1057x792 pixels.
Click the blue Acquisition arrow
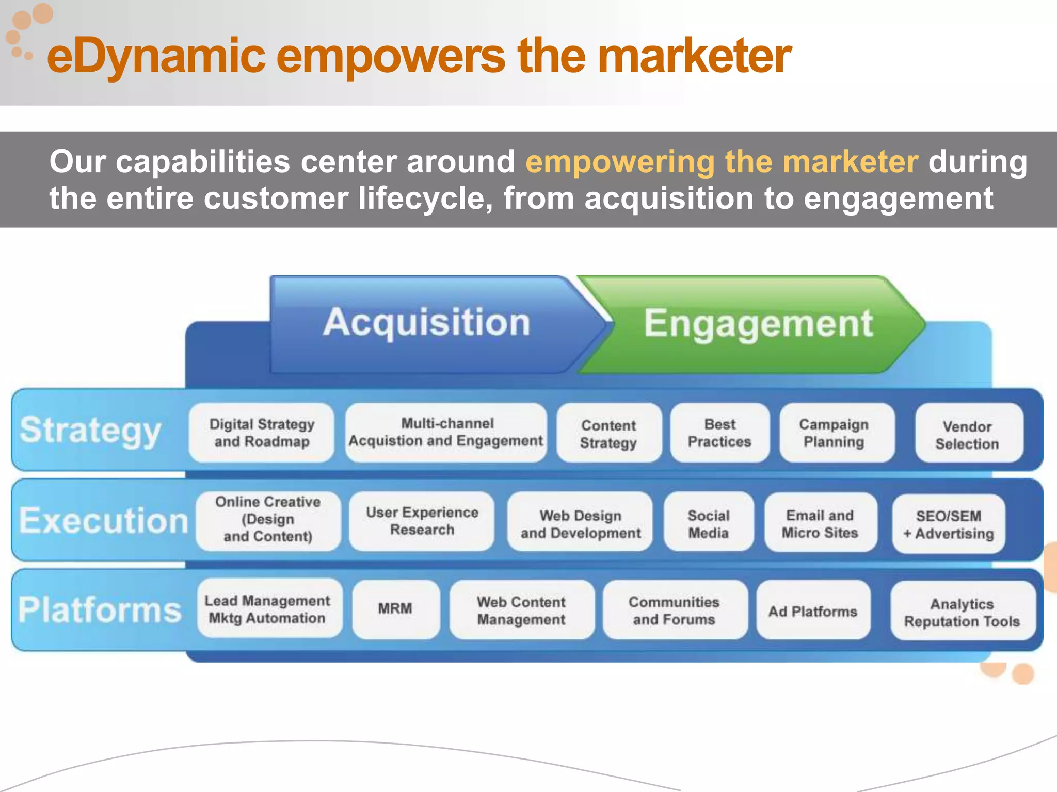click(x=426, y=323)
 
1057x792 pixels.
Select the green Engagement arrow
click(x=758, y=324)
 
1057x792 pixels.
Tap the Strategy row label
click(x=90, y=430)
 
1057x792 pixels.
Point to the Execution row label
click(x=103, y=520)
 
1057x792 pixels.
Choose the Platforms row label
click(x=100, y=610)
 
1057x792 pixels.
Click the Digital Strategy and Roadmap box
click(x=262, y=433)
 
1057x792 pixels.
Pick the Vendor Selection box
click(x=967, y=435)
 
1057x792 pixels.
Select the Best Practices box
click(x=719, y=433)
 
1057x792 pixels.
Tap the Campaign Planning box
click(x=834, y=433)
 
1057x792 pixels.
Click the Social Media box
click(x=708, y=523)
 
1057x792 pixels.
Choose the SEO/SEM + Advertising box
click(x=949, y=524)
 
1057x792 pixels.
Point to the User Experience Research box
click(x=422, y=521)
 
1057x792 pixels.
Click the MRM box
click(x=395, y=608)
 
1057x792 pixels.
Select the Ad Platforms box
click(x=813, y=611)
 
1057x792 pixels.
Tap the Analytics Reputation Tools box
click(x=962, y=612)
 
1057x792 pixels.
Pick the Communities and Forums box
click(x=674, y=610)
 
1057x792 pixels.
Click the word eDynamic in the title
click(x=155, y=56)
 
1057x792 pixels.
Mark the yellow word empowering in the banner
click(x=619, y=161)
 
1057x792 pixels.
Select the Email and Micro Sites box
click(x=820, y=523)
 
